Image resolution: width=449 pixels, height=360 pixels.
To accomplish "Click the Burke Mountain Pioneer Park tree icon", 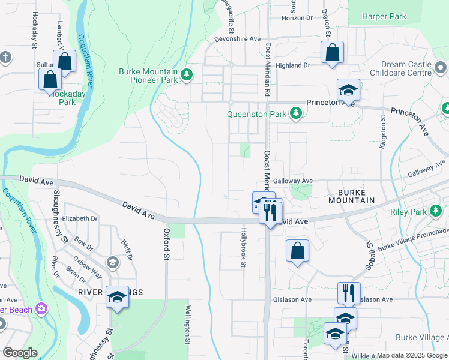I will point(187,74).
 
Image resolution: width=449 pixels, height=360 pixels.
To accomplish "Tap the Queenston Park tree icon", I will point(295,112).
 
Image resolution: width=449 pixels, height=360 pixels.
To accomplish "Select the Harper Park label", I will point(384,16).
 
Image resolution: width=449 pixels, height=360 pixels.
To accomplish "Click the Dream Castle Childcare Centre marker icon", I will point(441,67).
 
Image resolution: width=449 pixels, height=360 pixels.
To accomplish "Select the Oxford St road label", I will point(166,244).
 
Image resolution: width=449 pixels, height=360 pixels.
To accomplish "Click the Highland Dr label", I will point(292,65).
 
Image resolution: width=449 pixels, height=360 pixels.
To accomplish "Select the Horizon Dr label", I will point(298,18).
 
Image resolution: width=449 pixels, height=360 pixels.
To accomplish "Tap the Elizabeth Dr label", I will point(79,219).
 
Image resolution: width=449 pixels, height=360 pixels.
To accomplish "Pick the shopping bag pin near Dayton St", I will point(331,53).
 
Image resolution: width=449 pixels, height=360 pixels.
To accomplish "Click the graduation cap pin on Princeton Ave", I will point(348,91).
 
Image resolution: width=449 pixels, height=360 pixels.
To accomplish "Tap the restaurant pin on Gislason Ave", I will point(349,293).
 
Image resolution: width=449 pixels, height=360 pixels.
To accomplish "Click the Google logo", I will point(20,353).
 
